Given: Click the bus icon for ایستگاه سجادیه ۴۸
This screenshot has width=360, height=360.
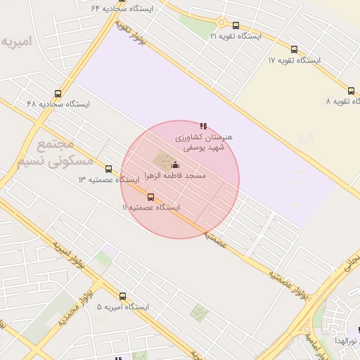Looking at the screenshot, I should (58, 94).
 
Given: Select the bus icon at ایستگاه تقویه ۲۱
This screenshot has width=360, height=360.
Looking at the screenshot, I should (235, 25).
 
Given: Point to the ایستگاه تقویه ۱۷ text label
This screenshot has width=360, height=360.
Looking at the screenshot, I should (294, 60).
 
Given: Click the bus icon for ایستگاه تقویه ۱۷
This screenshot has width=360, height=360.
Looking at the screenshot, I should (294, 49).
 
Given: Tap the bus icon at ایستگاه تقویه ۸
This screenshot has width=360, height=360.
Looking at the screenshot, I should (351, 91).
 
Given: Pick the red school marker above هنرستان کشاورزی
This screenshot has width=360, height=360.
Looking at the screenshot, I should (204, 126).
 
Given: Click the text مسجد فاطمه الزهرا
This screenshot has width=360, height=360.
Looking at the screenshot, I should (175, 174).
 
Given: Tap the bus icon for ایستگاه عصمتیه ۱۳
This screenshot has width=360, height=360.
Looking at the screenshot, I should (108, 169).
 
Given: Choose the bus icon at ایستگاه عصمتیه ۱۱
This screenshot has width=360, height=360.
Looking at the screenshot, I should (150, 197).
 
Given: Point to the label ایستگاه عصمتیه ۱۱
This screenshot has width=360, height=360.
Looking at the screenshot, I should (151, 208).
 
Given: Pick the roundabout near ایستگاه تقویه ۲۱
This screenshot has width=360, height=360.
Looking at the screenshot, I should (220, 22).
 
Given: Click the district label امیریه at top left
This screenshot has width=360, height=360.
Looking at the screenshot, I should (16, 41).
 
